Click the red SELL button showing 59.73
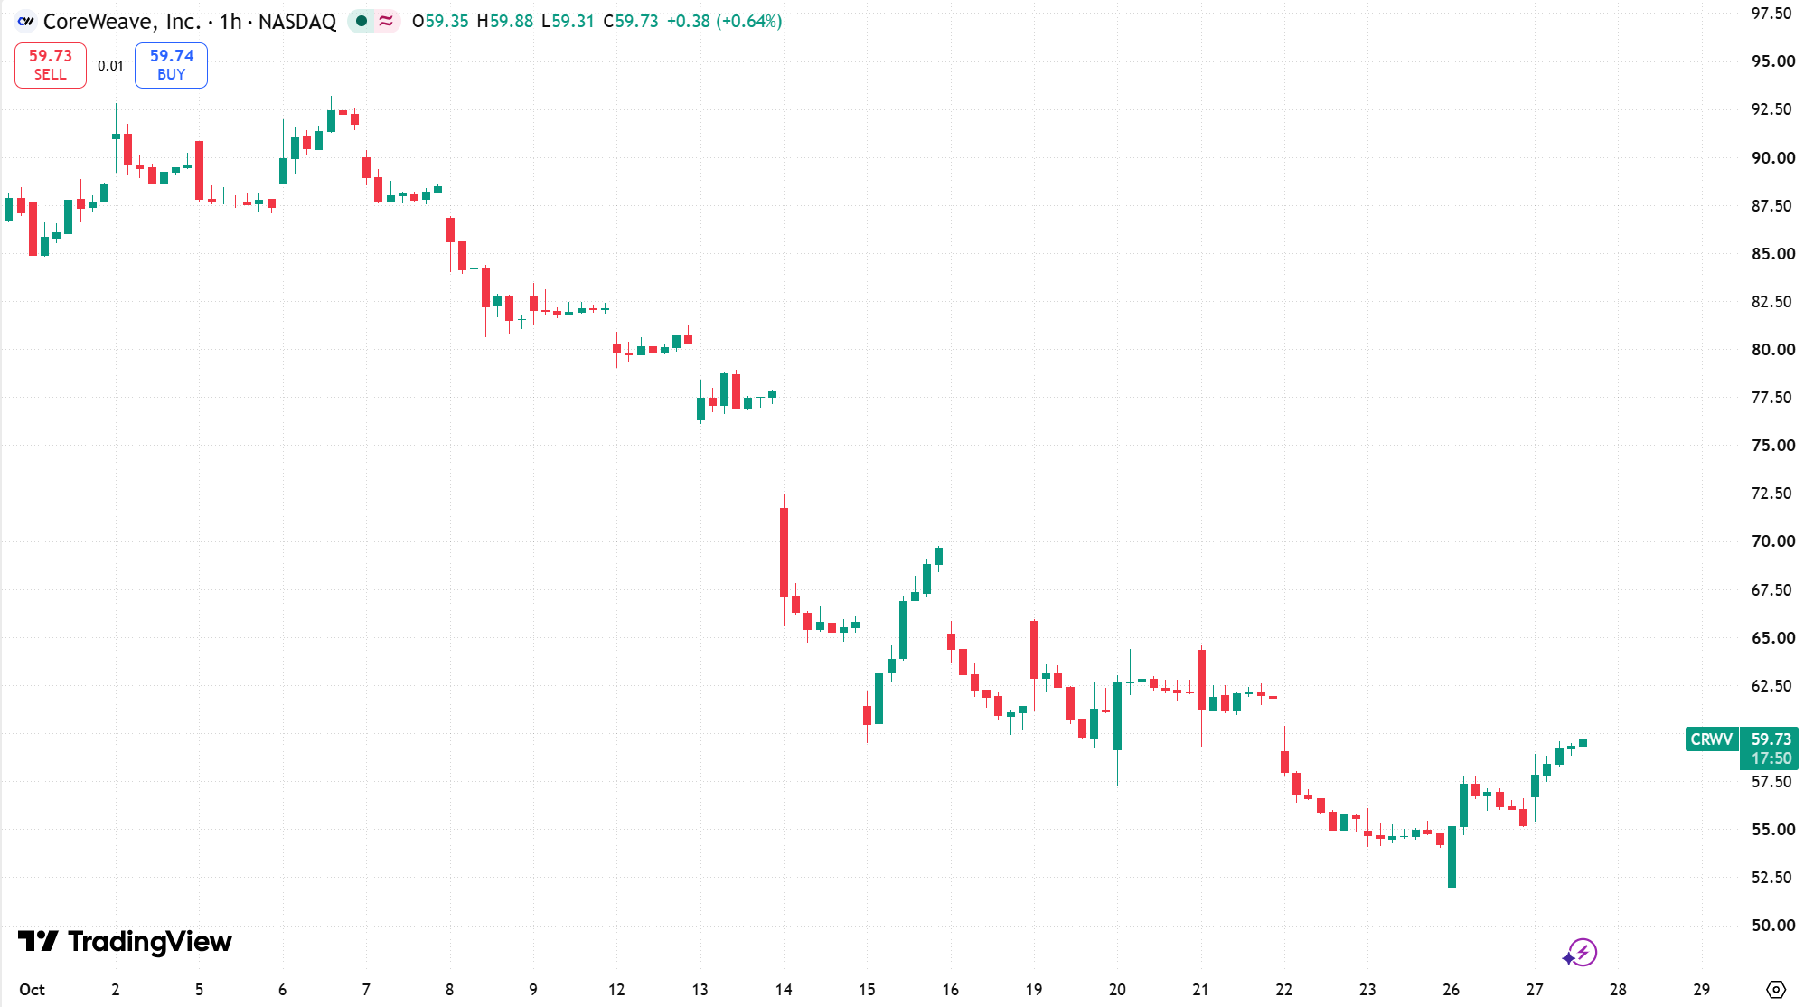51,65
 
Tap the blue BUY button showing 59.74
171,65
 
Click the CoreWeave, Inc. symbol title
121,21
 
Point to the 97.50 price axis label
1771,14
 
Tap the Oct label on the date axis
32,990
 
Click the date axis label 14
784,990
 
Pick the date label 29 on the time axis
1701,990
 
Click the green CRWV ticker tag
1711,739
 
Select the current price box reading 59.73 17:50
1770,748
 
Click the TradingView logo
125,942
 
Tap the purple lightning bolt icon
1583,952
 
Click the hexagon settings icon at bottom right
1776,990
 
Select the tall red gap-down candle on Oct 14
784,552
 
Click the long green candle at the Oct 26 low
1452,857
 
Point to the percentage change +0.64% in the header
748,21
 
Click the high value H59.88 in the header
505,21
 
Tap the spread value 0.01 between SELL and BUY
110,66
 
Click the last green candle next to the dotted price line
1583,742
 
